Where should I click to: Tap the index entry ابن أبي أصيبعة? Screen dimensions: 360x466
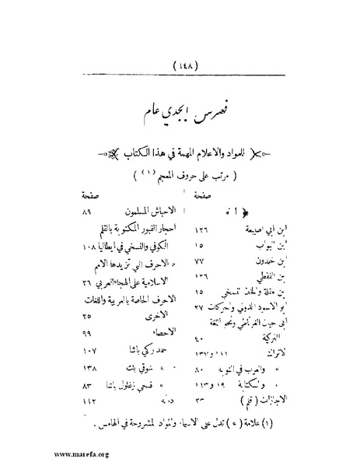[251, 229]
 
